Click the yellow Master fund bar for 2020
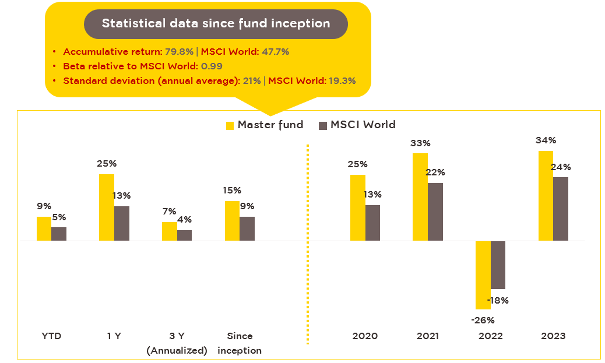pos(357,207)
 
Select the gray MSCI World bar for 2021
pos(435,212)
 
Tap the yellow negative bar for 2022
pos(483,274)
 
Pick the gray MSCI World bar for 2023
pos(560,209)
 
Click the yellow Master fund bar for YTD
pos(44,228)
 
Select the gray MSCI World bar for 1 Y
pos(121,223)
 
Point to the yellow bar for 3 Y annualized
pos(169,231)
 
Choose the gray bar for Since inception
pos(247,228)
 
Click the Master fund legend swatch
pos(230,125)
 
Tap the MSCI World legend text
pos(363,125)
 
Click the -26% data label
pos(483,320)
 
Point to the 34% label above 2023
pos(546,140)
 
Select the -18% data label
pos(498,301)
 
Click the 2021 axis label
pos(428,336)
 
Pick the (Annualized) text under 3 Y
pos(177,351)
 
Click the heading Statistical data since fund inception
pos(216,24)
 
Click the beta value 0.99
pos(212,66)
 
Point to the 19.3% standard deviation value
pos(341,81)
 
